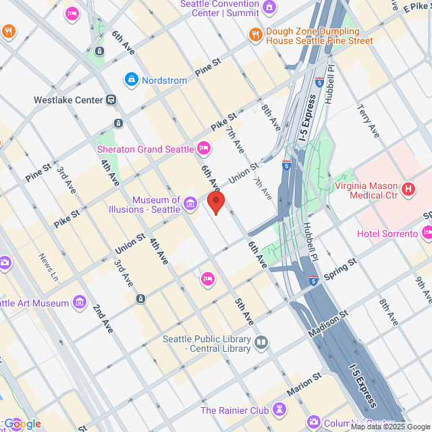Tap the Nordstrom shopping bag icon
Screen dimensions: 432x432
pyautogui.click(x=131, y=80)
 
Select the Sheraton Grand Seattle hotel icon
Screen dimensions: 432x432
pyautogui.click(x=204, y=148)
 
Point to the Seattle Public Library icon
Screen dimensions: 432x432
pyautogui.click(x=261, y=344)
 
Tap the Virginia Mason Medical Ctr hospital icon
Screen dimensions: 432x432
pyautogui.click(x=408, y=190)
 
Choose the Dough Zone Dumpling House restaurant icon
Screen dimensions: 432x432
pyautogui.click(x=255, y=35)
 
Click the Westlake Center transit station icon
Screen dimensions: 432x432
pyautogui.click(x=111, y=100)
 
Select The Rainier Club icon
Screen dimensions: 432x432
pyautogui.click(x=279, y=410)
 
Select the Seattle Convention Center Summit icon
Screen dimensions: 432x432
pyautogui.click(x=269, y=7)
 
